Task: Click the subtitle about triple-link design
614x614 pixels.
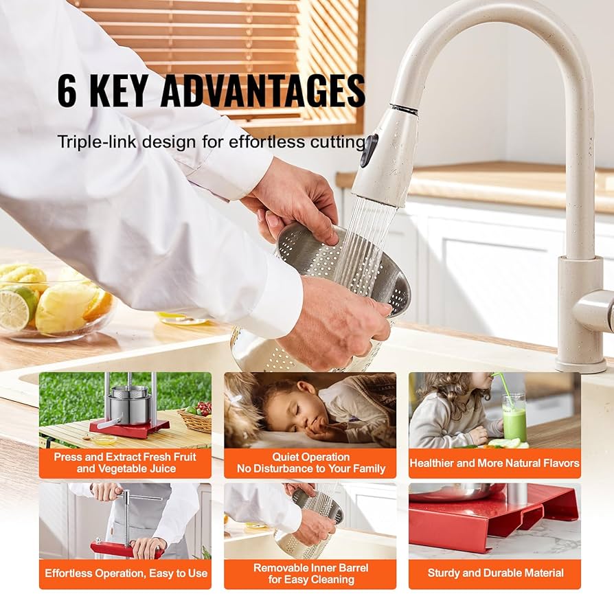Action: tap(210, 142)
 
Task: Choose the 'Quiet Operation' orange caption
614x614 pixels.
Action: tap(310, 463)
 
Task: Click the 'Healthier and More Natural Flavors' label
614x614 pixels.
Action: tap(494, 463)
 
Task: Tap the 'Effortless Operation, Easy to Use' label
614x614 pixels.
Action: tap(125, 573)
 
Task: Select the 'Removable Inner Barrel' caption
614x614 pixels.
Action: tap(310, 573)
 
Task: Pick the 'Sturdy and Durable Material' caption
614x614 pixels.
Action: tap(494, 573)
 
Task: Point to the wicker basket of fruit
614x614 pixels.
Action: tap(196, 420)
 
